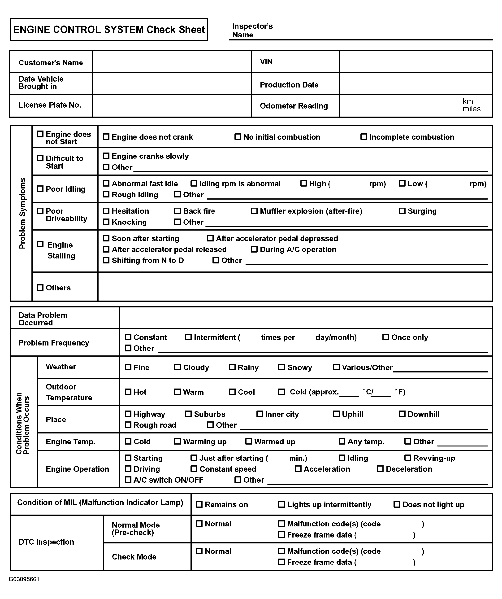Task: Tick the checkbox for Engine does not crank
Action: (106, 137)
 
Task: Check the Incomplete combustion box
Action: (364, 137)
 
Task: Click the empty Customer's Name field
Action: (172, 62)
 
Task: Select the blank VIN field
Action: (416, 62)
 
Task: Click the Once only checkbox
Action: (386, 337)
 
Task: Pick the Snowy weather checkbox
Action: (281, 367)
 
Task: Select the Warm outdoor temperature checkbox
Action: (177, 392)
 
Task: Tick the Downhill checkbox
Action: (402, 414)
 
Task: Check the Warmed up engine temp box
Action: (249, 442)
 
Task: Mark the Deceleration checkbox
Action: (380, 469)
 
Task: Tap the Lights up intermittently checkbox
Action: (281, 505)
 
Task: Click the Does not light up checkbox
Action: (397, 505)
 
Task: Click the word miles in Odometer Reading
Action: (471, 109)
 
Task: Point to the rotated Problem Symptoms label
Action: (22, 213)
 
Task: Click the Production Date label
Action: (289, 85)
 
